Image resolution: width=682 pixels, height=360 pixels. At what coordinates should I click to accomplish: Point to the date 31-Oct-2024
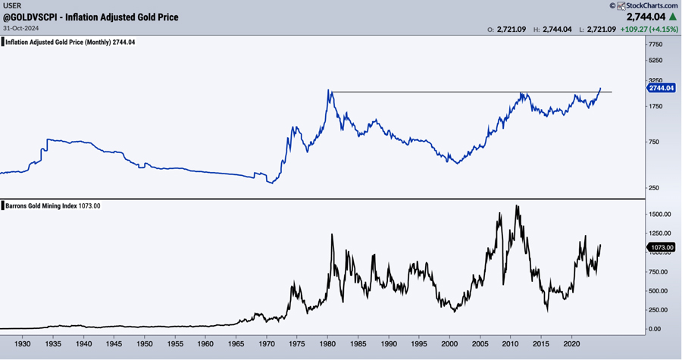[19, 28]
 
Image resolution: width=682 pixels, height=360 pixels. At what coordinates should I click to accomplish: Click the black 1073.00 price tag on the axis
[661, 247]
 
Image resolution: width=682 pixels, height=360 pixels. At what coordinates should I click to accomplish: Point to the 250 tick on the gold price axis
[653, 188]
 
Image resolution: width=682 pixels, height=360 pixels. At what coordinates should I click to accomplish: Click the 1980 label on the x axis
[331, 343]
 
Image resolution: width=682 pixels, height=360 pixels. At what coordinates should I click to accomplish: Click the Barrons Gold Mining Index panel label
[53, 205]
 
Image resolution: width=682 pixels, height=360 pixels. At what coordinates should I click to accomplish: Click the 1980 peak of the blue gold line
[329, 90]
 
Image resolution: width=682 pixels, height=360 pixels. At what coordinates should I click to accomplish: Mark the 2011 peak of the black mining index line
[518, 205]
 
